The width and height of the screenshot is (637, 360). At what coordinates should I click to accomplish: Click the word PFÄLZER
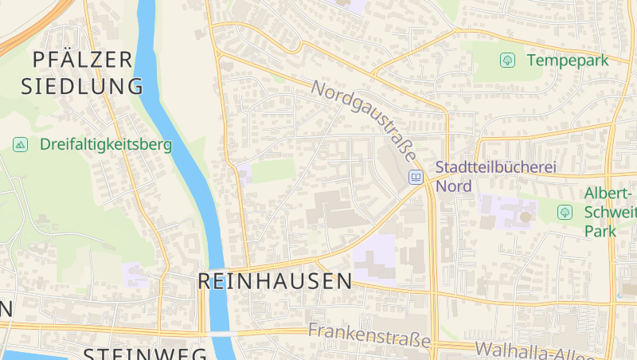(83, 59)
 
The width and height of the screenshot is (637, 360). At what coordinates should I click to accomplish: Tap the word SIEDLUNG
(83, 86)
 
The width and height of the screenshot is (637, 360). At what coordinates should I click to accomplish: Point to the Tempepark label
(566, 61)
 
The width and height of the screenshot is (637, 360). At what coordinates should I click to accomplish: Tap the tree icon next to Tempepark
(506, 61)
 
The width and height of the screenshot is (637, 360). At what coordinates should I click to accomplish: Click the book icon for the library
(416, 177)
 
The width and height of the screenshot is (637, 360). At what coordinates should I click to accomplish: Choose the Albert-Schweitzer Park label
(610, 212)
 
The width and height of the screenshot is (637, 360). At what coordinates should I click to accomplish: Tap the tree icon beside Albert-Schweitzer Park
(565, 212)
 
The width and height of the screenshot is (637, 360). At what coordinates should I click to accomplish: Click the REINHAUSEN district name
(274, 280)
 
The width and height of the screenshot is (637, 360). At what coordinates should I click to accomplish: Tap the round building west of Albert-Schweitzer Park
(525, 217)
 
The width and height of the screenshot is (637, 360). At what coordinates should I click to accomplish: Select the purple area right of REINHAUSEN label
(375, 259)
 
